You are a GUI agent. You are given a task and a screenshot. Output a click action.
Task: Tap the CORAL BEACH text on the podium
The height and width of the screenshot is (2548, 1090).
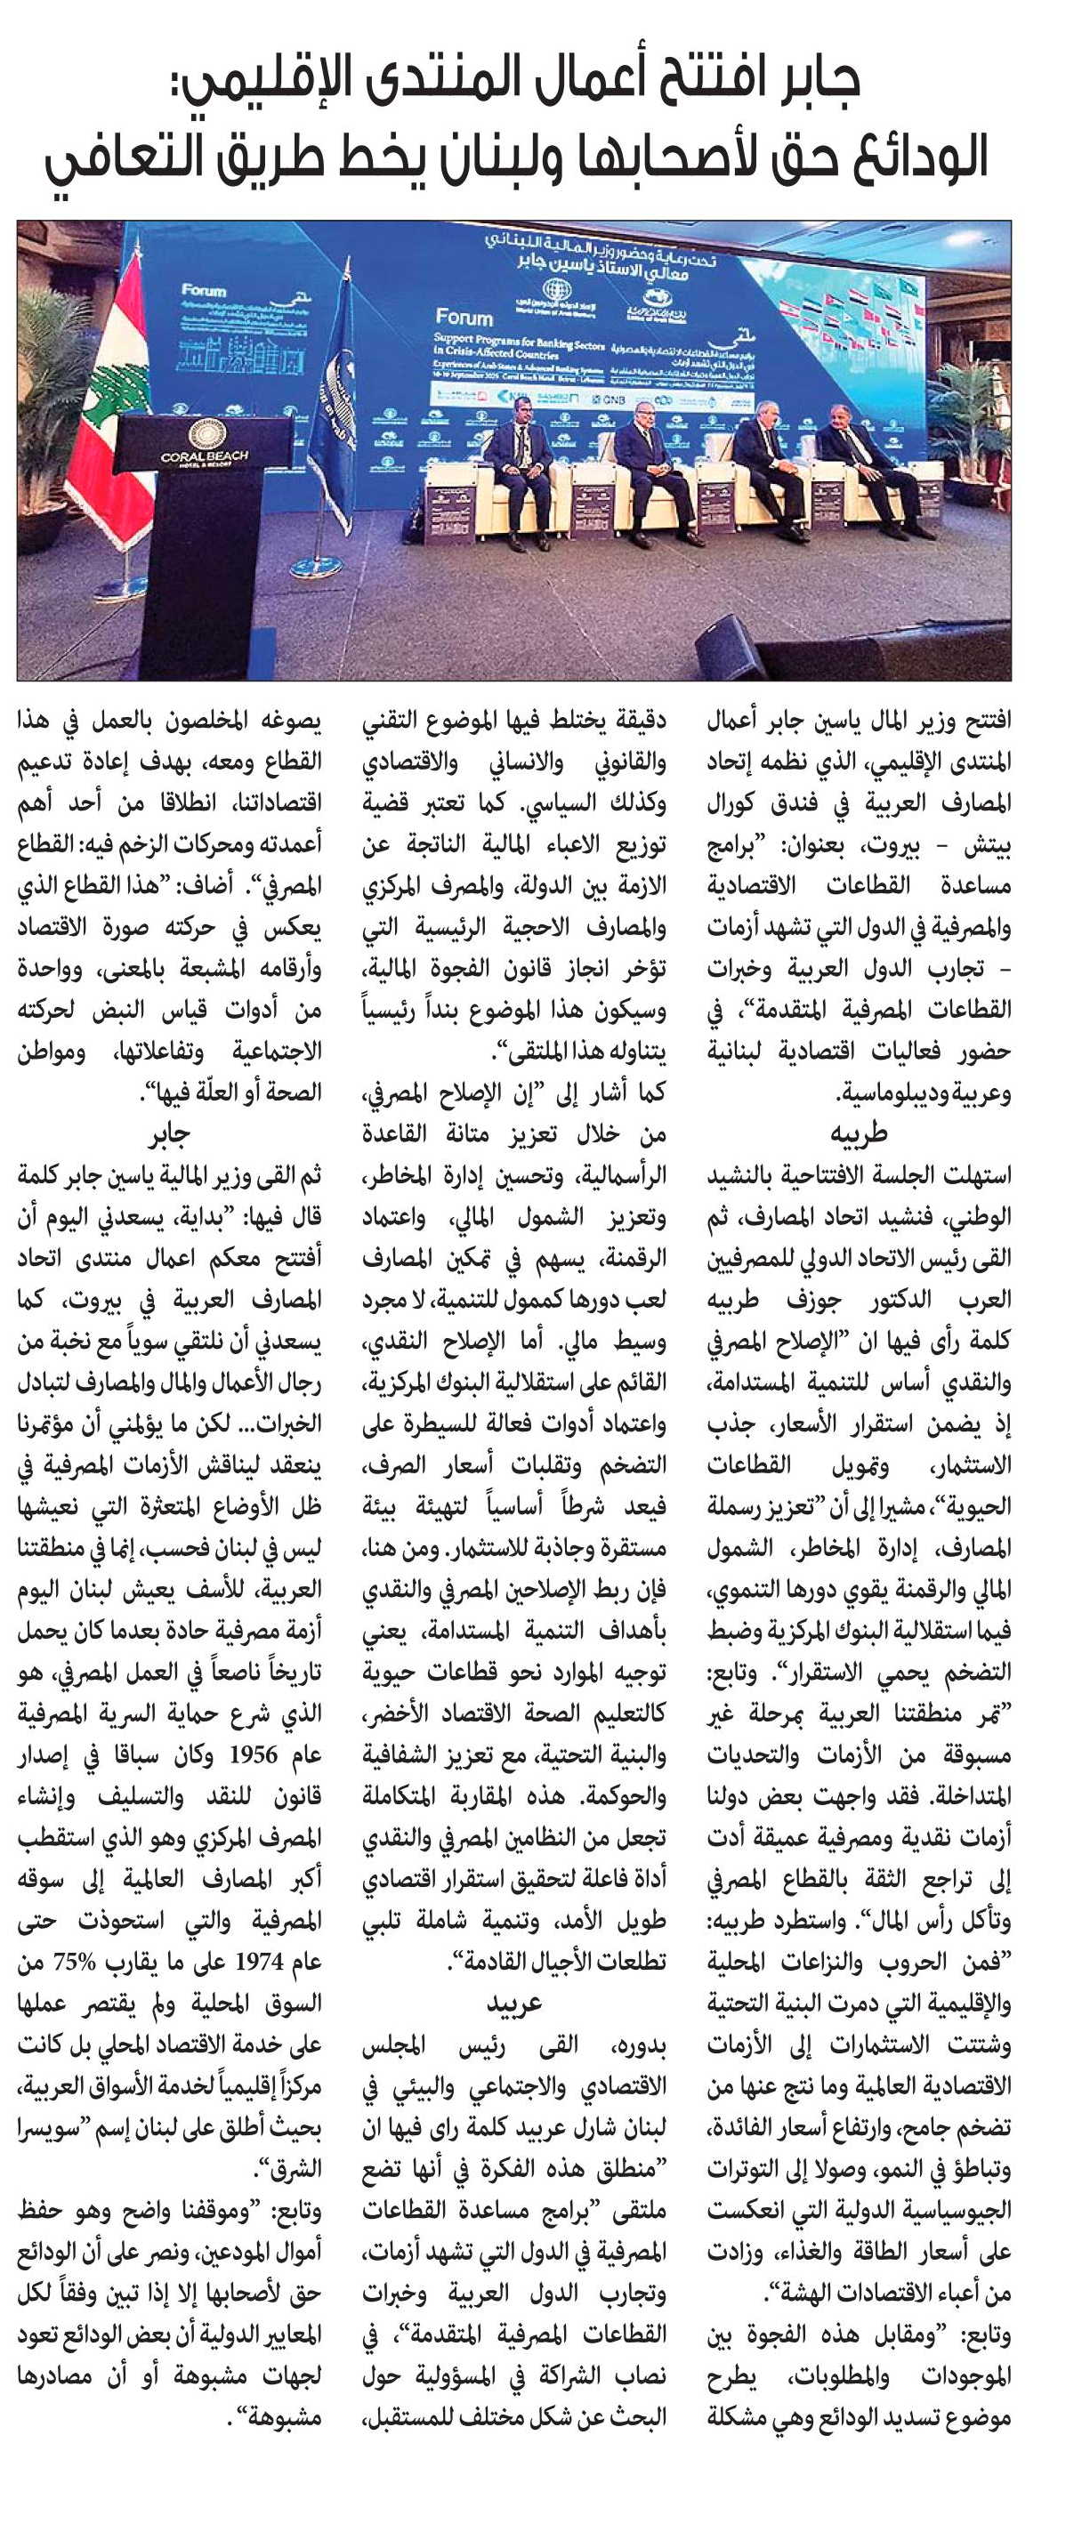(205, 457)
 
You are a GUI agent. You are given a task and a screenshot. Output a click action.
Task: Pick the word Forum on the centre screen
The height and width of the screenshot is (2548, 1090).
(464, 318)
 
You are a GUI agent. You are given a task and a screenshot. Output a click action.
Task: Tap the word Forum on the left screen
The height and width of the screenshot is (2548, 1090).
(204, 291)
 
